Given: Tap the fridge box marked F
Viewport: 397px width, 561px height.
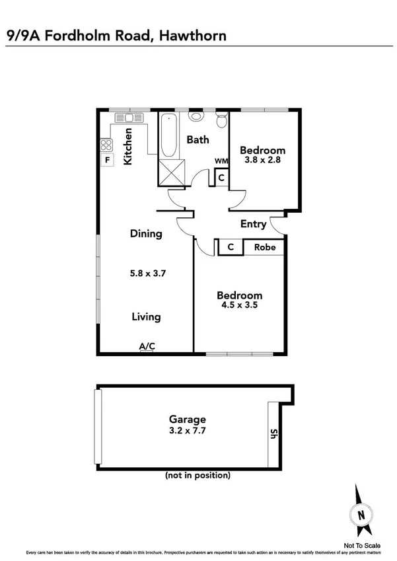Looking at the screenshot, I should (x=106, y=159).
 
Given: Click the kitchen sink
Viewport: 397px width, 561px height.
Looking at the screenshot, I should (x=126, y=118).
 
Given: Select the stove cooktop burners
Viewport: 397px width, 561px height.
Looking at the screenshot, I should (x=106, y=144).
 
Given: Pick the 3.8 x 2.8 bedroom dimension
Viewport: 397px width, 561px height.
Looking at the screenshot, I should (x=262, y=159).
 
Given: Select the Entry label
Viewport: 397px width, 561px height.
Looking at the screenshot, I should (x=253, y=224).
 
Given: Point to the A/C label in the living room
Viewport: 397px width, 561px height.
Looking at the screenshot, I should (x=146, y=346).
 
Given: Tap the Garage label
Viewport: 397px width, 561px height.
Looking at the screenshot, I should (x=188, y=419).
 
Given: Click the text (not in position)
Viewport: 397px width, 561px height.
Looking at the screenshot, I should (x=198, y=475).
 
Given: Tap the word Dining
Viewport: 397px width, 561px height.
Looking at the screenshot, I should (x=146, y=233).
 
